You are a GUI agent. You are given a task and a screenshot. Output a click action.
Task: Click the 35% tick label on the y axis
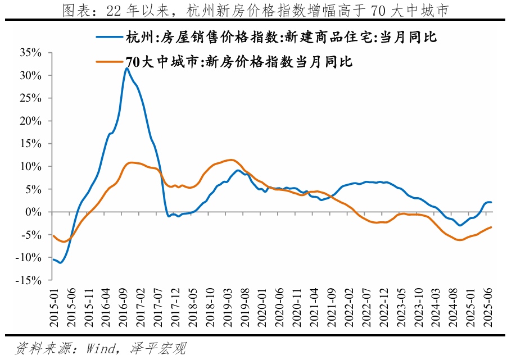pyautogui.click(x=30, y=53)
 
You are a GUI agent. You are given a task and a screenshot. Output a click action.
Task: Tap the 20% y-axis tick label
pyautogui.click(x=30, y=121)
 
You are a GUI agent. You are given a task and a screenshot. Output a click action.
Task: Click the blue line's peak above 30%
pyautogui.click(x=127, y=69)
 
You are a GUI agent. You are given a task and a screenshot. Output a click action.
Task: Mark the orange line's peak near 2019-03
pyautogui.click(x=230, y=160)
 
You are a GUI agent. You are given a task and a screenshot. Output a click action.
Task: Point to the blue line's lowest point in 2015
pyautogui.click(x=61, y=263)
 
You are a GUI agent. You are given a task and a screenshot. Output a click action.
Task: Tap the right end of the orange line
pyautogui.click(x=492, y=227)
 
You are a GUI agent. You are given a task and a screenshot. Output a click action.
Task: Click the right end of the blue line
pyautogui.click(x=492, y=202)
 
